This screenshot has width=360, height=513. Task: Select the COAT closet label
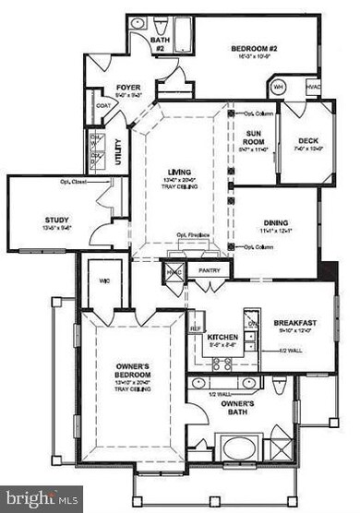102,106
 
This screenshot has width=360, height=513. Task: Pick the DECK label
307,141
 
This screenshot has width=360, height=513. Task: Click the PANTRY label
210,269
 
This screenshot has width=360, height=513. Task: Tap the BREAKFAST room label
295,323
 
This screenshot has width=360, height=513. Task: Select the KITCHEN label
222,337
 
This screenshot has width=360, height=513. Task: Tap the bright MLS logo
42,499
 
